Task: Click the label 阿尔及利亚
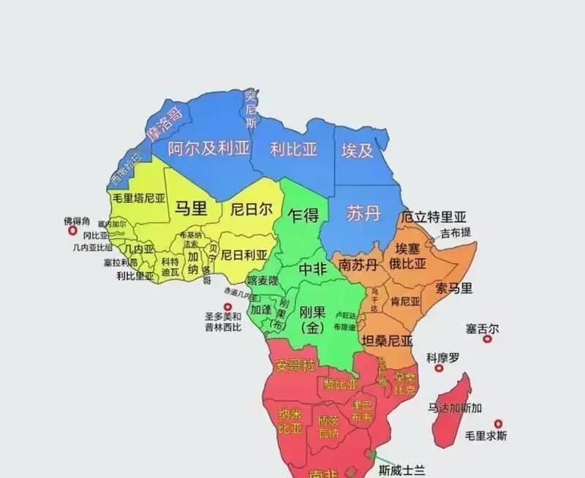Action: pyautogui.click(x=208, y=149)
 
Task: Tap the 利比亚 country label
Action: pyautogui.click(x=293, y=149)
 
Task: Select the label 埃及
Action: pyautogui.click(x=358, y=151)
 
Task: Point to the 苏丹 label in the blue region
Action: pyautogui.click(x=363, y=213)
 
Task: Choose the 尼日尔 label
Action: pyautogui.click(x=251, y=209)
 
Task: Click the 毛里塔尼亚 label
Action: pyautogui.click(x=138, y=197)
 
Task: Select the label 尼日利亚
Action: pyautogui.click(x=244, y=255)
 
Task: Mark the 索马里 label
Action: pyautogui.click(x=454, y=287)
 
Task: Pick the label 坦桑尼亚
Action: pyautogui.click(x=388, y=340)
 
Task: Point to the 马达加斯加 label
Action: pyautogui.click(x=456, y=408)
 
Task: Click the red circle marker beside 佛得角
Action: pyautogui.click(x=72, y=231)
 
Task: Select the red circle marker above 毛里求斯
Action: pyautogui.click(x=498, y=423)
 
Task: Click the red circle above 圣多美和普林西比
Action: pyautogui.click(x=227, y=307)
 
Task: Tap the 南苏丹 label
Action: pyautogui.click(x=358, y=265)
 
